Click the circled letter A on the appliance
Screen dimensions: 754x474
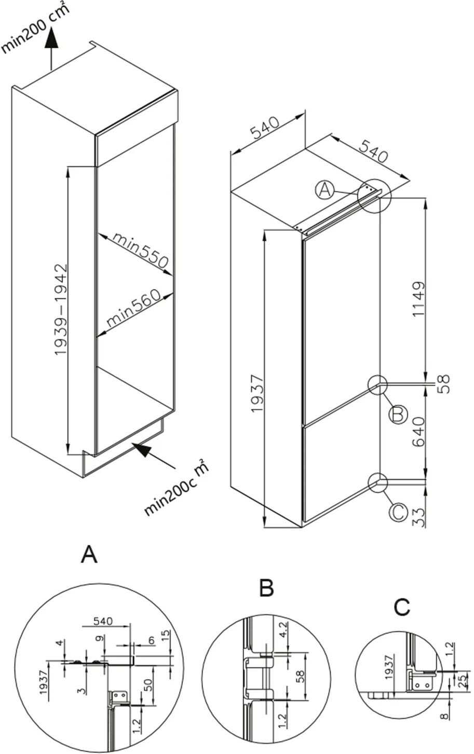324,190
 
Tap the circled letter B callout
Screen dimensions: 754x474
398,414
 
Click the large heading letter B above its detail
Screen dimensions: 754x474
266,588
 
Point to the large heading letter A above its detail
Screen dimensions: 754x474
89,555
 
